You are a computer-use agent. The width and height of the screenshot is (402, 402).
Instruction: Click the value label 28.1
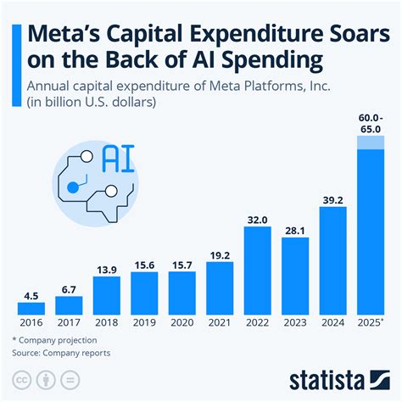pyautogui.click(x=295, y=229)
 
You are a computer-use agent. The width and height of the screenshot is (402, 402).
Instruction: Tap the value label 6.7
pyautogui.click(x=69, y=288)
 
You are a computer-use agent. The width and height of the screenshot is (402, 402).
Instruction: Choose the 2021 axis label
pyautogui.click(x=220, y=323)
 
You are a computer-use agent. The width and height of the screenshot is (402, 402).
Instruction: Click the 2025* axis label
pyautogui.click(x=371, y=323)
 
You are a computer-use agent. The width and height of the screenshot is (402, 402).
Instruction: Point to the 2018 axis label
pyautogui.click(x=107, y=323)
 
